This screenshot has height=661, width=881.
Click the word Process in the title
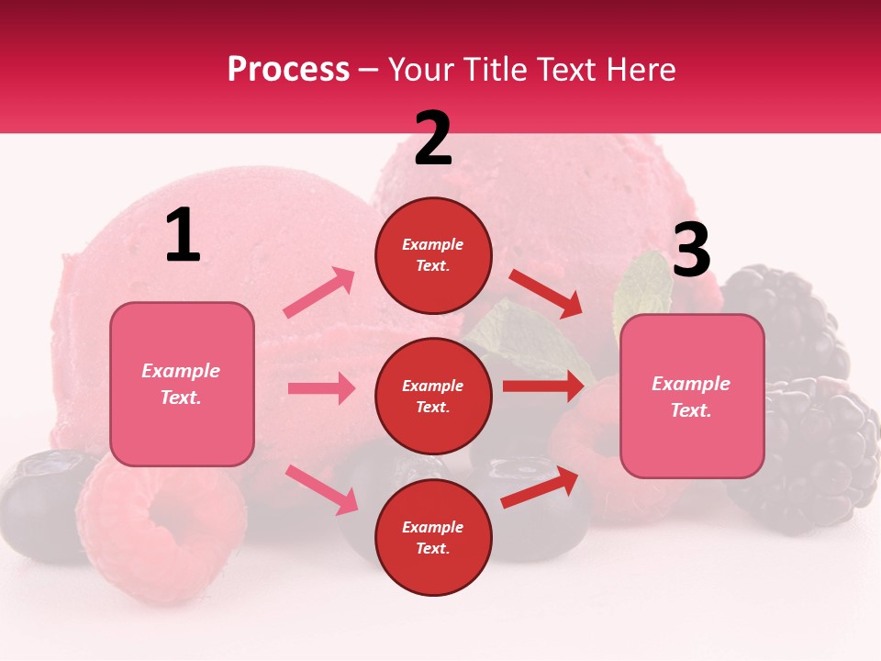[288, 70]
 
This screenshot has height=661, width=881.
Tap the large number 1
[183, 237]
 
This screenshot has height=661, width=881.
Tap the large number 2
[433, 140]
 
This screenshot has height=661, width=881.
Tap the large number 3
[691, 251]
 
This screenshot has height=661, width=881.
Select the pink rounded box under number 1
[182, 384]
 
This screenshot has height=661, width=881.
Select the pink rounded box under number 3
[692, 397]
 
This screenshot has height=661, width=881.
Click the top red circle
[433, 255]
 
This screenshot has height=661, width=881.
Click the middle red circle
[433, 396]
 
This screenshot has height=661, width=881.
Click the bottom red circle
[433, 537]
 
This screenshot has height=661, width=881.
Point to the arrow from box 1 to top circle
[319, 293]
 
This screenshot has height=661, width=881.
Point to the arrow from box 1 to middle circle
[321, 388]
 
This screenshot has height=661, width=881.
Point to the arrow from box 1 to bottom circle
[321, 489]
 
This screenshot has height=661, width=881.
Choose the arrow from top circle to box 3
[545, 293]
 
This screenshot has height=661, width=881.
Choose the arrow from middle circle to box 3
[543, 387]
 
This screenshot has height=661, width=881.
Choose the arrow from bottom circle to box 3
[540, 488]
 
